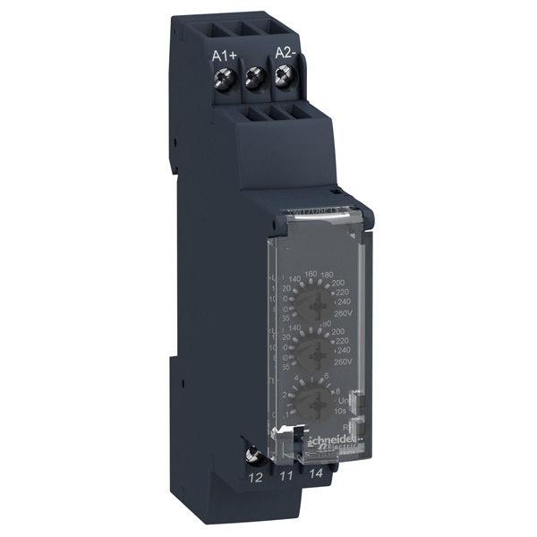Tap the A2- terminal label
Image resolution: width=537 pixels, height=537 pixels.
[287, 53]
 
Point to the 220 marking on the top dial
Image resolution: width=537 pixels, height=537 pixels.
[340, 290]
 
